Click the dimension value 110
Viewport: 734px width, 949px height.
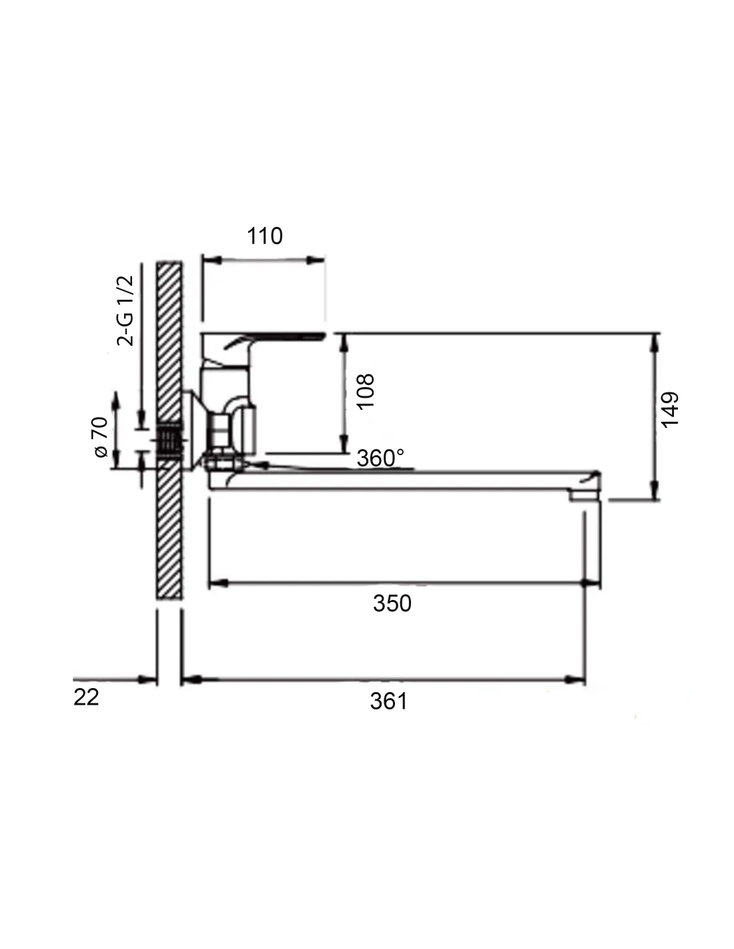pos(265,236)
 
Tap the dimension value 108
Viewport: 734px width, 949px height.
pos(366,391)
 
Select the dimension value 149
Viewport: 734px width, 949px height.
pos(670,410)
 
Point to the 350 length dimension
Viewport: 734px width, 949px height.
pos(392,603)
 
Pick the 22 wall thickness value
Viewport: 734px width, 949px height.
pos(86,697)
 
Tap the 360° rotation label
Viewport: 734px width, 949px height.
pos(380,458)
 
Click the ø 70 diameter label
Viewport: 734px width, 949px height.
pos(100,437)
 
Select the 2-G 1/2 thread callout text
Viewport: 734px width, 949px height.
pos(125,310)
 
